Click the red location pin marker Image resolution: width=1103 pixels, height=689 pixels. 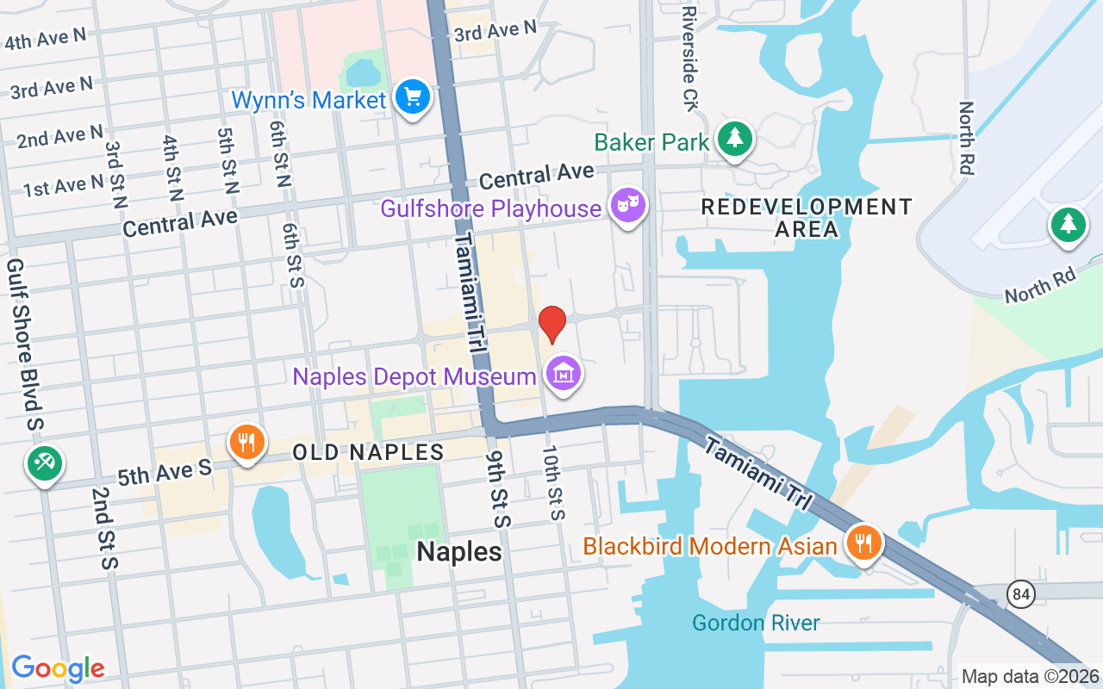[552, 324]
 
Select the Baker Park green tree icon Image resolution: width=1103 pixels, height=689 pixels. [734, 139]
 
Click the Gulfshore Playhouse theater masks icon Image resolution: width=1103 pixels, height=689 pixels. [628, 206]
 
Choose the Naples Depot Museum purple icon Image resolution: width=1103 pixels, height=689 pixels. [564, 375]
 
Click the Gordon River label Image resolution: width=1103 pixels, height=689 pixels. [757, 623]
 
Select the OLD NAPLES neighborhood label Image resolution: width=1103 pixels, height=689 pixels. [368, 452]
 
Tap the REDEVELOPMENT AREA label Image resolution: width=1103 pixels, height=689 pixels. [807, 218]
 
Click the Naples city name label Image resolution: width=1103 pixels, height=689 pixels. [459, 552]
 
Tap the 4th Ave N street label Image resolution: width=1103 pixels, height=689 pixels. [45, 38]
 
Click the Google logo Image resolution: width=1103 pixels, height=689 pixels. [58, 667]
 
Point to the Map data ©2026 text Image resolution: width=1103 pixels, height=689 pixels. [1031, 677]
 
